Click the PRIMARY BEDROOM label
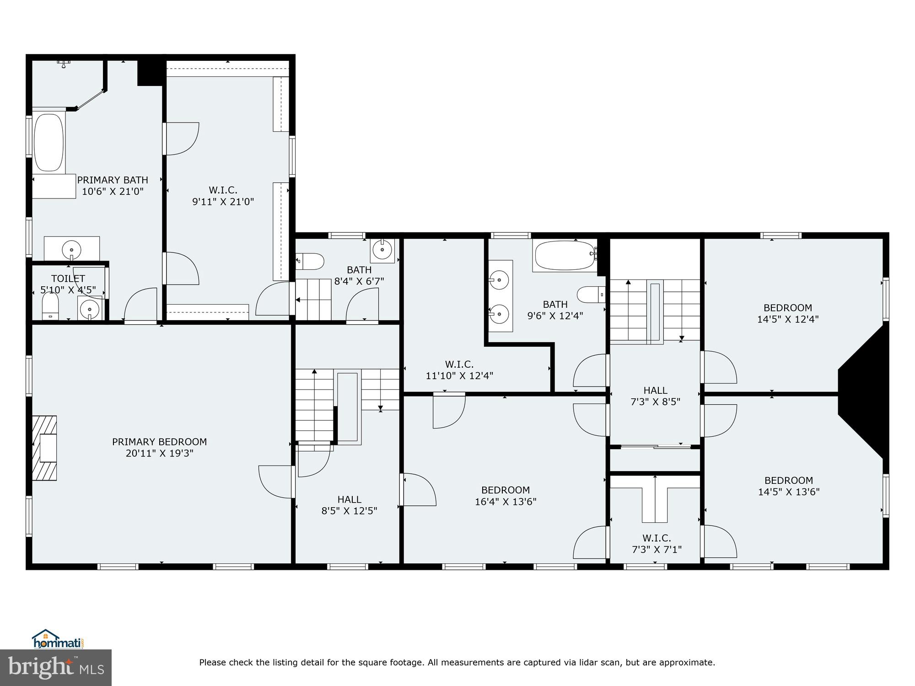(x=159, y=442)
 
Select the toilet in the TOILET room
(x=50, y=305)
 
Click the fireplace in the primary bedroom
(x=45, y=448)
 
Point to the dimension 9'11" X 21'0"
(x=223, y=202)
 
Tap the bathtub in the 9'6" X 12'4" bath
(x=565, y=256)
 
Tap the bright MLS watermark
(x=56, y=668)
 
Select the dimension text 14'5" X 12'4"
(x=787, y=319)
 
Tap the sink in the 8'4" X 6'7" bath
(x=382, y=250)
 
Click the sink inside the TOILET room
(x=90, y=309)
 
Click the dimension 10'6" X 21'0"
(x=113, y=192)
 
